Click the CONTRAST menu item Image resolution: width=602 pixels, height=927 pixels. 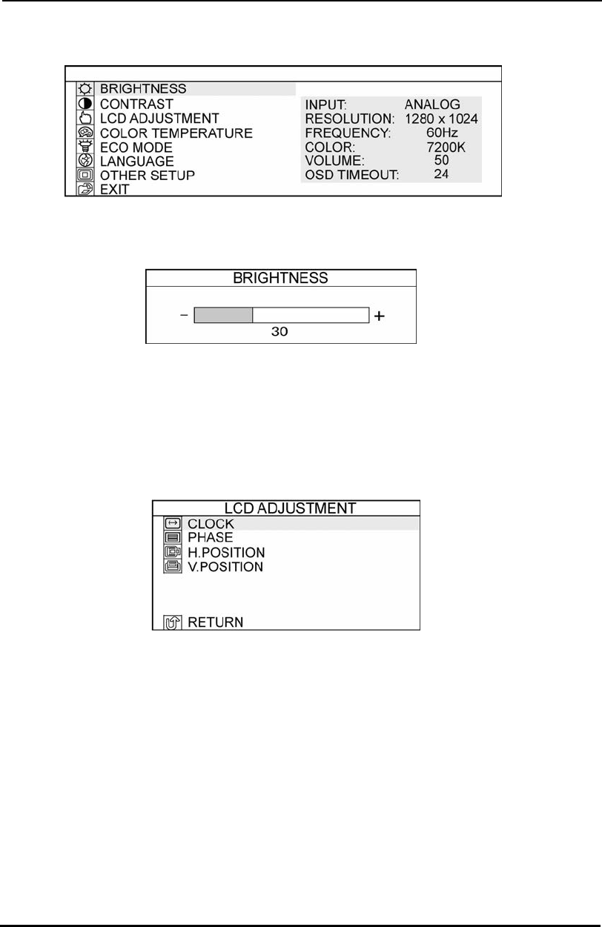click(x=136, y=104)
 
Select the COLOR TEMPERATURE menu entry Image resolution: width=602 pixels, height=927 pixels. click(x=176, y=133)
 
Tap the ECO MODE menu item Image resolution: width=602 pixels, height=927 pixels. click(x=136, y=147)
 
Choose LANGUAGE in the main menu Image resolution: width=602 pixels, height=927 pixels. click(x=137, y=161)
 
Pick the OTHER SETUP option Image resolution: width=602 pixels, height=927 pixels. click(x=148, y=176)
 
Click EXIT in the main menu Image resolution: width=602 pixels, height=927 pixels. click(x=114, y=190)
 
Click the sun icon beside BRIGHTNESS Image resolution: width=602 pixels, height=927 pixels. click(x=85, y=89)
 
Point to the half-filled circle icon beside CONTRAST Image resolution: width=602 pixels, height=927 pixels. click(x=85, y=104)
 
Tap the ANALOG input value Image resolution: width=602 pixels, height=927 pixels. click(x=432, y=104)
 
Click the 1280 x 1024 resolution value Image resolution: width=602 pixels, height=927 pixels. click(x=441, y=119)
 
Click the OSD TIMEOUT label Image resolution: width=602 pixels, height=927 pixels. click(x=352, y=176)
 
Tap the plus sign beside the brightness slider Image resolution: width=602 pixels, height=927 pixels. click(x=380, y=316)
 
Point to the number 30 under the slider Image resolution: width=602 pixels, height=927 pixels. click(x=279, y=333)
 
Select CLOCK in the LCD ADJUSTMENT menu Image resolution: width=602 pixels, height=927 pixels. click(x=210, y=524)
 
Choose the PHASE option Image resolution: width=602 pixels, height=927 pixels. click(x=210, y=538)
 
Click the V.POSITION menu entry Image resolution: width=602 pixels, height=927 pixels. click(x=225, y=568)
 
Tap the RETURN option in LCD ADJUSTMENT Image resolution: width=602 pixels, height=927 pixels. click(x=215, y=622)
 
